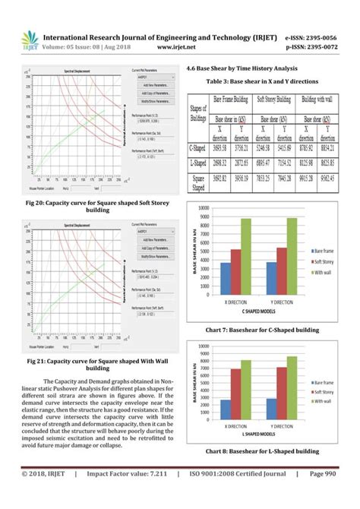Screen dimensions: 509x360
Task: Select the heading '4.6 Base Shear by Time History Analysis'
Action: (251, 68)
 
